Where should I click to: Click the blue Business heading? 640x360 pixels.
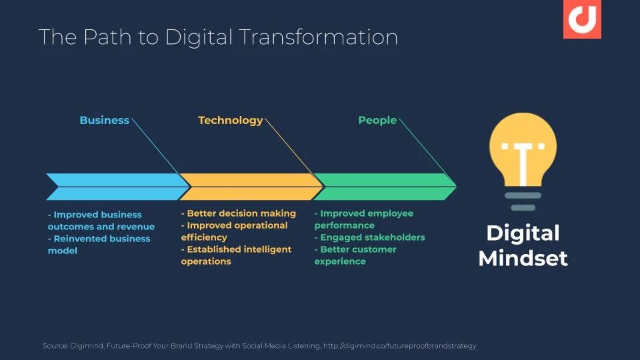(105, 121)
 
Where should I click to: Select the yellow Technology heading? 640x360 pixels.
(231, 121)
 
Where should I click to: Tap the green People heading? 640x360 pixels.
(377, 121)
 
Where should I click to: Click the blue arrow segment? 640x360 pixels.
(117, 187)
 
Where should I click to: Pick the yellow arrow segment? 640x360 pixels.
(251, 187)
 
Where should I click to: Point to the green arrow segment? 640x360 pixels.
(385, 187)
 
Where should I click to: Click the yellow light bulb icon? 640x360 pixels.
(523, 161)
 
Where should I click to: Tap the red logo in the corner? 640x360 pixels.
(582, 19)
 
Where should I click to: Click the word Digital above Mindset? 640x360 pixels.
(523, 234)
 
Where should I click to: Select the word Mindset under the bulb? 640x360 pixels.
(523, 259)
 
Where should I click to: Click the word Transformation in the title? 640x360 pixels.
(318, 37)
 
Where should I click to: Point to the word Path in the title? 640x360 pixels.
(107, 37)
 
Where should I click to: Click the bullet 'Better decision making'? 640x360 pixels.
(239, 213)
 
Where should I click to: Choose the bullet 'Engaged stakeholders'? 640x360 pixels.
(370, 237)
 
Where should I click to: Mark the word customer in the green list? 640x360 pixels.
(376, 249)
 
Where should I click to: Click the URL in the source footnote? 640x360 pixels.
(399, 346)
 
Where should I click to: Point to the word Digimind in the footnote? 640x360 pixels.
(87, 346)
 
